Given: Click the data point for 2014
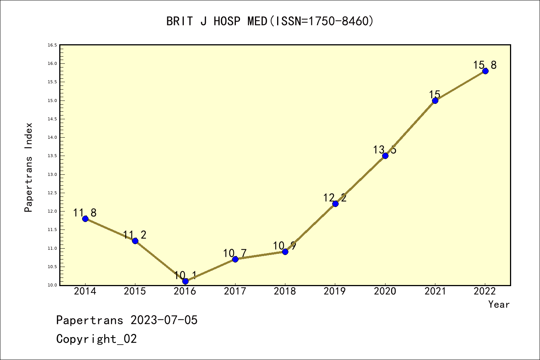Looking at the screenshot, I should pyautogui.click(x=85, y=219).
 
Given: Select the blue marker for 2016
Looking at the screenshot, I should pyautogui.click(x=185, y=281).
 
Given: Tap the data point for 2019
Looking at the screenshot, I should pyautogui.click(x=335, y=204).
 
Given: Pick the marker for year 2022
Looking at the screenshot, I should pyautogui.click(x=485, y=71).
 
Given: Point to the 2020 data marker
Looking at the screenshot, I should pyautogui.click(x=385, y=156).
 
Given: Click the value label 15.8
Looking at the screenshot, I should pyautogui.click(x=484, y=65).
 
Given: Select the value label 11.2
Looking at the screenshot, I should pyautogui.click(x=135, y=235).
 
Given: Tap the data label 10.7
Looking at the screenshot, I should pyautogui.click(x=235, y=253).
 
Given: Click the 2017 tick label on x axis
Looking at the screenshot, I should pyautogui.click(x=235, y=291).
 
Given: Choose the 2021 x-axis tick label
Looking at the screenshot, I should pyautogui.click(x=435, y=291).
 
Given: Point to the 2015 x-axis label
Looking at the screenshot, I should pyautogui.click(x=135, y=291).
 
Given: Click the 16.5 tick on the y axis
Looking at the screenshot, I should pyautogui.click(x=52, y=45).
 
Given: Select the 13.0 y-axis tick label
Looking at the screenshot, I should pyautogui.click(x=52, y=174).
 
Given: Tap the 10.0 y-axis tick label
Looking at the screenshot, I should pyautogui.click(x=52, y=285).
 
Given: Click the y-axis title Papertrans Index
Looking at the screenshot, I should pyautogui.click(x=28, y=167).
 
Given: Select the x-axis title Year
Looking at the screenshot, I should pyautogui.click(x=499, y=304).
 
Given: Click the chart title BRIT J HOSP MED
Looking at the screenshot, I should pyautogui.click(x=270, y=21).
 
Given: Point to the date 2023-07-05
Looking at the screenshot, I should pyautogui.click(x=164, y=320).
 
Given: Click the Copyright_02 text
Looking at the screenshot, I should pyautogui.click(x=96, y=339).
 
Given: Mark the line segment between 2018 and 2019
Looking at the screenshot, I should pyautogui.click(x=310, y=228).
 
